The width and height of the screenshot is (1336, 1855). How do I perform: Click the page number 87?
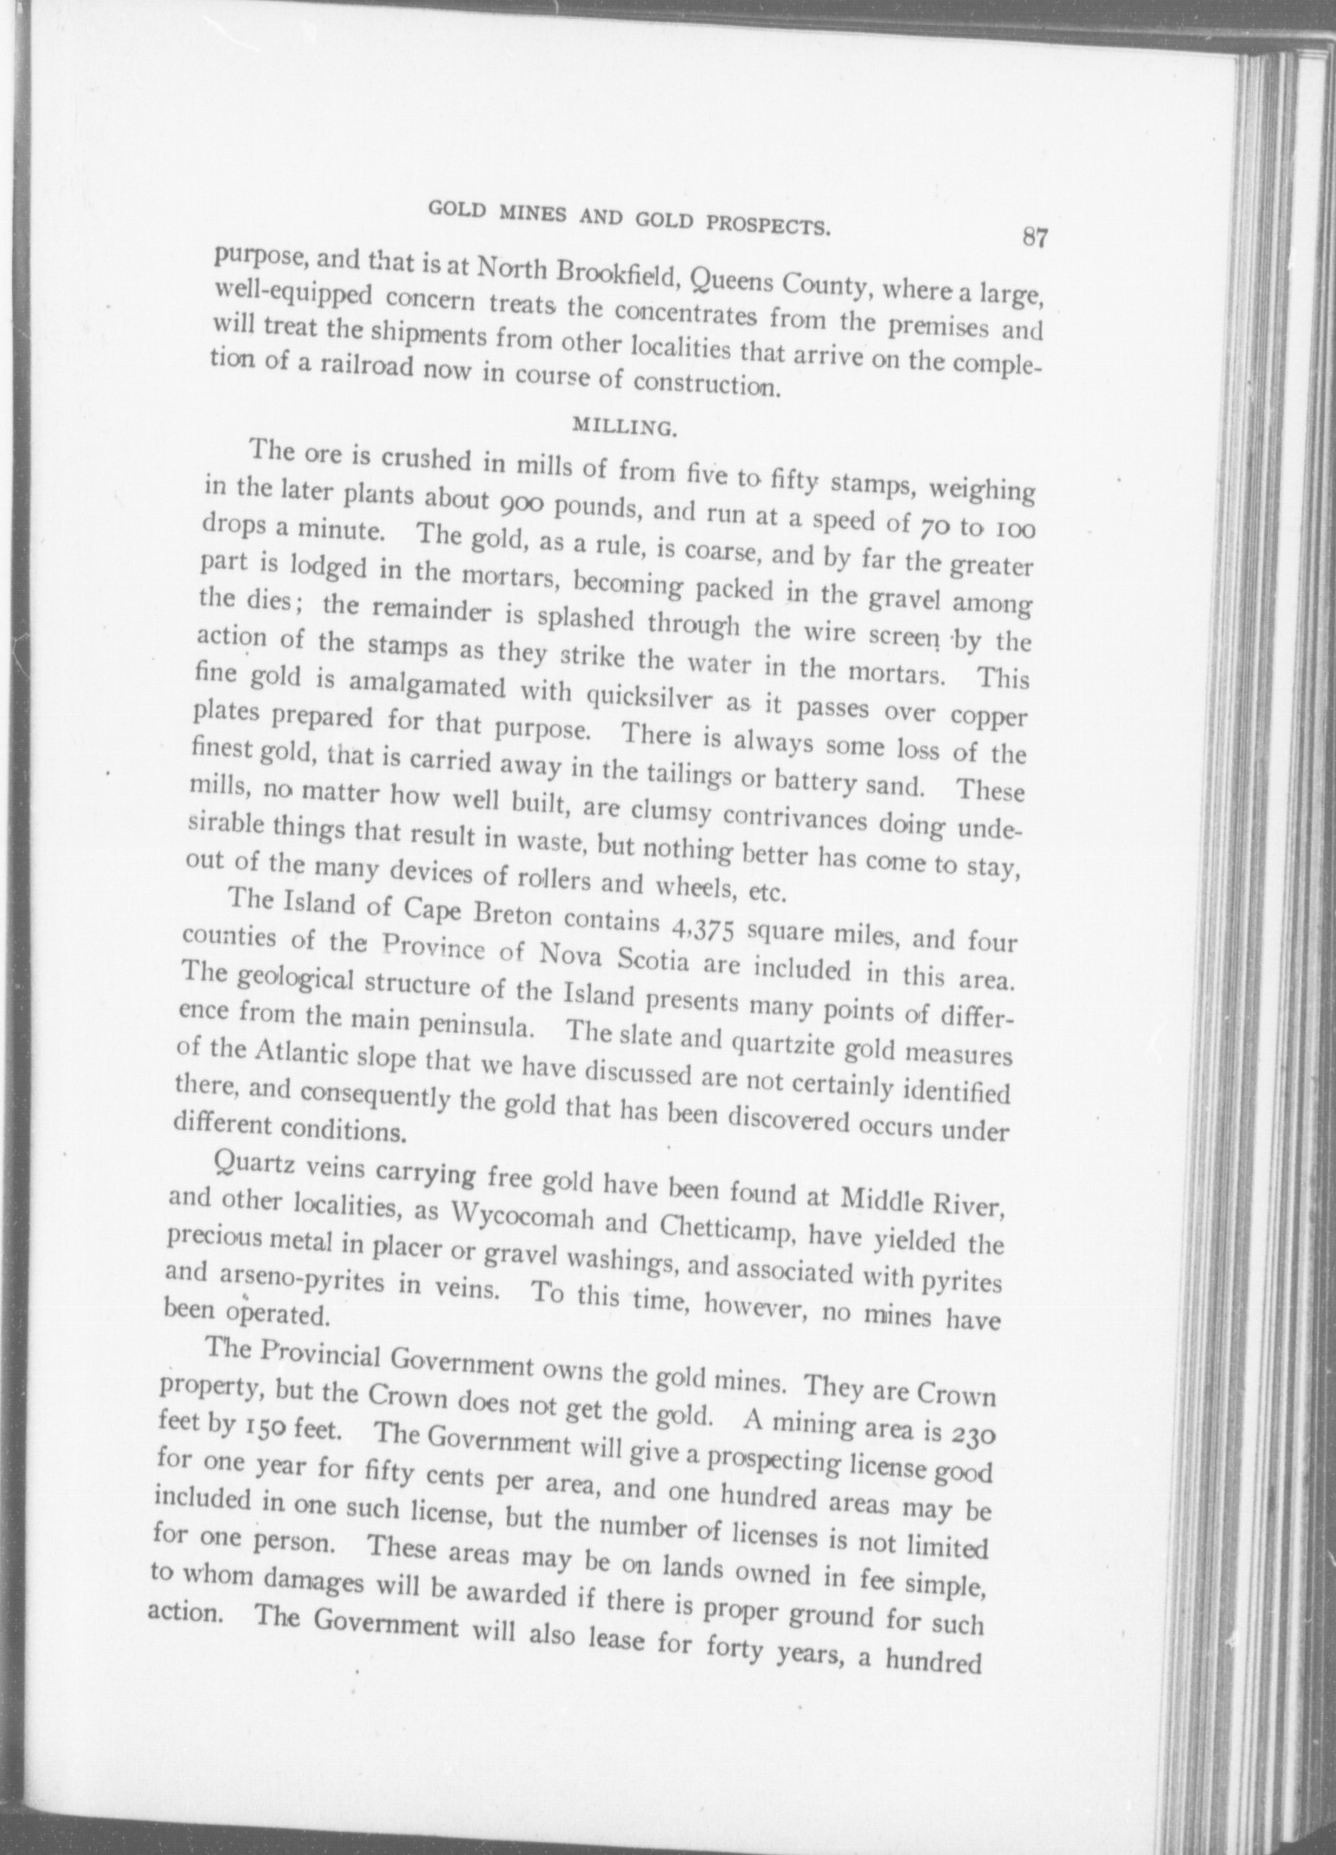pyautogui.click(x=1034, y=236)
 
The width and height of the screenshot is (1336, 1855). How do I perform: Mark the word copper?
pyautogui.click(x=988, y=718)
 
